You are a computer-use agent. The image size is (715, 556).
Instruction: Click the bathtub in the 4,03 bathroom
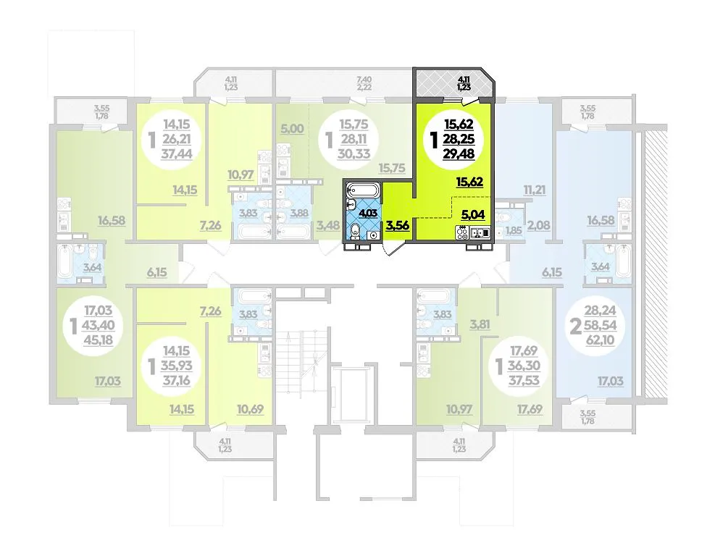click(x=362, y=189)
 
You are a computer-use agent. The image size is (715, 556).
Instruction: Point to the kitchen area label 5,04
click(x=473, y=214)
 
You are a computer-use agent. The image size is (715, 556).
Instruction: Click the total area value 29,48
click(x=459, y=154)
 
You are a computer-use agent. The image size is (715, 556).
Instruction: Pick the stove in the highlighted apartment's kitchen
click(x=462, y=233)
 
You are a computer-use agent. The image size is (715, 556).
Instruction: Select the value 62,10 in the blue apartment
click(x=600, y=340)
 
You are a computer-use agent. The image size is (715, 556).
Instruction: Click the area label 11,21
click(x=535, y=190)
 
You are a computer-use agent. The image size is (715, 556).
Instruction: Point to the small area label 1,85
click(x=514, y=231)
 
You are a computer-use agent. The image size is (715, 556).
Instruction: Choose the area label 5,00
click(x=292, y=129)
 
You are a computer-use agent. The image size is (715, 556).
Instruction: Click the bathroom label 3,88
click(x=300, y=213)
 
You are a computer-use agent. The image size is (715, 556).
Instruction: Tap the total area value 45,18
click(x=98, y=340)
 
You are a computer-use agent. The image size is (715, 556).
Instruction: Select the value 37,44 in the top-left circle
click(x=177, y=154)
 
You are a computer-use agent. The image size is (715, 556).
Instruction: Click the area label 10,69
click(x=251, y=409)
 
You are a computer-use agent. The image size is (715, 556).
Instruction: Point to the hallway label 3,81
click(x=480, y=324)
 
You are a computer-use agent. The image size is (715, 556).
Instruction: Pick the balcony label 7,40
click(x=364, y=80)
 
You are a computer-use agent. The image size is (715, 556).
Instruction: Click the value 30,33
click(x=354, y=154)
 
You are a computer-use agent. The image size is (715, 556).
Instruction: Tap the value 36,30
click(x=524, y=366)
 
